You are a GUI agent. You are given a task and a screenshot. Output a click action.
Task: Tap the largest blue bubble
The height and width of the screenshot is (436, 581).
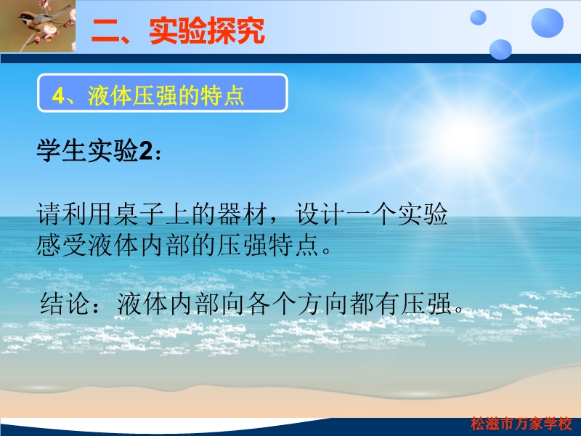pos(548,23)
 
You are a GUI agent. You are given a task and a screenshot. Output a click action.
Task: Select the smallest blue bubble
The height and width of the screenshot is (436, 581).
pos(478,17)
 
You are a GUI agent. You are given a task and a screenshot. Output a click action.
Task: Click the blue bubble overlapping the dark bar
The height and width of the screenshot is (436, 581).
pos(500,49)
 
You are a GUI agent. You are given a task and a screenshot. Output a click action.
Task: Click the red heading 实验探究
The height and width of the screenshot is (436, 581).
pos(207,31)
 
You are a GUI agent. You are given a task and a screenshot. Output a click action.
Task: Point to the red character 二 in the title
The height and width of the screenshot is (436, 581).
pos(105,31)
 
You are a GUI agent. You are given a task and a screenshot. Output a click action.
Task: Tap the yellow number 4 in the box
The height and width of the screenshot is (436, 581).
pos(58,96)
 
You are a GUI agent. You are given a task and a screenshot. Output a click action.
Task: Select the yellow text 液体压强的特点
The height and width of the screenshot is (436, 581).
pos(166,96)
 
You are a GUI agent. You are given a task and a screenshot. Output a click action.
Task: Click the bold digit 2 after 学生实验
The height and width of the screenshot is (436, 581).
pos(145,151)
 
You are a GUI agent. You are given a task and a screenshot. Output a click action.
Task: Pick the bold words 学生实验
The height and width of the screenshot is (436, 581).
pos(87,151)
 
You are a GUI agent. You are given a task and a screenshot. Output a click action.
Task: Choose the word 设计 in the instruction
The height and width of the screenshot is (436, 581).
pos(320,214)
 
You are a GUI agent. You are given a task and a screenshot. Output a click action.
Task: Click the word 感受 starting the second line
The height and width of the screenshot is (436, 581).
pos(62,245)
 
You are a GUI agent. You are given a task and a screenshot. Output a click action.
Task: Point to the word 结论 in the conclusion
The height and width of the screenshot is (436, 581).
pos(65,304)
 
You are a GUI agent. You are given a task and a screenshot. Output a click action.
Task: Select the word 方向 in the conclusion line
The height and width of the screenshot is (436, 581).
pos(322,304)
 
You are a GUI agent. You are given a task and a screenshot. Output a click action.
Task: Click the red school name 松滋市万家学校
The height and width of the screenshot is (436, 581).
pos(521,424)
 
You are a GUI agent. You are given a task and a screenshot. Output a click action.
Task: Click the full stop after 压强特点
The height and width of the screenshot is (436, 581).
pos(326,250)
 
